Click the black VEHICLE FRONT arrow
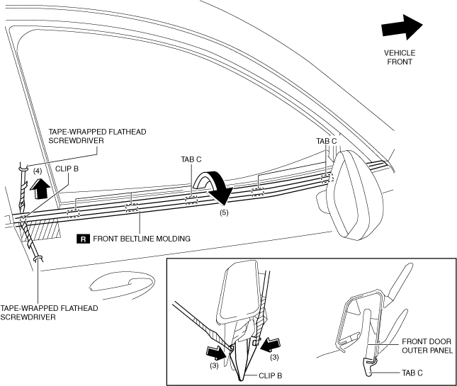pos(401,28)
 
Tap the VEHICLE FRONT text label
pos(400,57)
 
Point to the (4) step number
pos(38,171)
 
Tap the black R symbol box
pos(84,239)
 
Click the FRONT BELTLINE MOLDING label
pos(142,239)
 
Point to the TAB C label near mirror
pos(327,141)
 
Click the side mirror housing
pos(358,194)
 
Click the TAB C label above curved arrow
pos(192,160)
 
